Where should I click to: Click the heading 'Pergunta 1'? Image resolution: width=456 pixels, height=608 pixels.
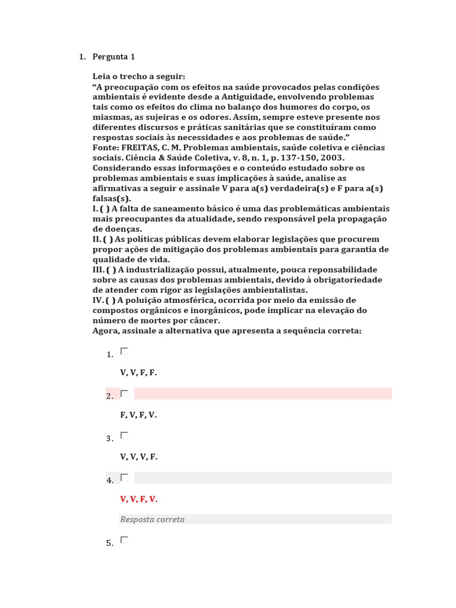(114, 57)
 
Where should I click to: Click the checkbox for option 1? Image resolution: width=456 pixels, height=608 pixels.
(124, 351)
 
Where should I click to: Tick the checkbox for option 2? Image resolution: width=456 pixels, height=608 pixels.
(124, 394)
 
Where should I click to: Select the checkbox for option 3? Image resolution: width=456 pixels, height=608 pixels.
(124, 435)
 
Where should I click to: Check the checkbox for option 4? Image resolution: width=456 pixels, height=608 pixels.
(124, 477)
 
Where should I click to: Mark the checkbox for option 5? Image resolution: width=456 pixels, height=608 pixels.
(124, 540)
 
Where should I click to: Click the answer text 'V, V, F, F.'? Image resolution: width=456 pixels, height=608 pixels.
(138, 373)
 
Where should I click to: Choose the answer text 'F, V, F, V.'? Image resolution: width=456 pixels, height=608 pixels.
(138, 415)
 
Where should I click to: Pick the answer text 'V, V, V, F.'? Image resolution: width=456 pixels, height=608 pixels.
(138, 457)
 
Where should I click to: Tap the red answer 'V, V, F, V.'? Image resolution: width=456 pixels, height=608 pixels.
(138, 499)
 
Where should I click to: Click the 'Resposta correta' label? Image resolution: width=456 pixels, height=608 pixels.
(152, 520)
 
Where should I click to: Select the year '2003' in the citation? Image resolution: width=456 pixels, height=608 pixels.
(331, 158)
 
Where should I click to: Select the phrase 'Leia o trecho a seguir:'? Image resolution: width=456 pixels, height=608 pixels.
(139, 77)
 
